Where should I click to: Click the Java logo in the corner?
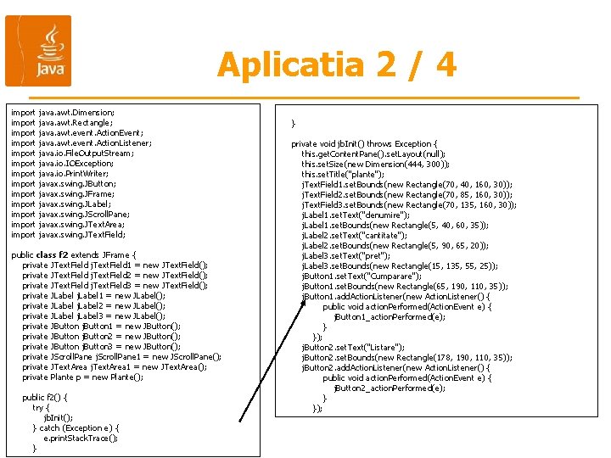coord(38,51)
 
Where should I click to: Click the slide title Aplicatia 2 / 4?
coord(336,64)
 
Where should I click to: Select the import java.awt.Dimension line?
coord(63,112)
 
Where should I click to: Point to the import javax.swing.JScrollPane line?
coord(70,214)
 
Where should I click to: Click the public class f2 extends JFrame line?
coord(73,254)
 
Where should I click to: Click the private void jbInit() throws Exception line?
coord(364,143)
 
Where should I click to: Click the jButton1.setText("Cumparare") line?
coord(361,276)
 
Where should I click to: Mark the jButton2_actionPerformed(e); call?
coord(390,388)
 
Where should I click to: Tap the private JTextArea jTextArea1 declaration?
coord(115,366)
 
